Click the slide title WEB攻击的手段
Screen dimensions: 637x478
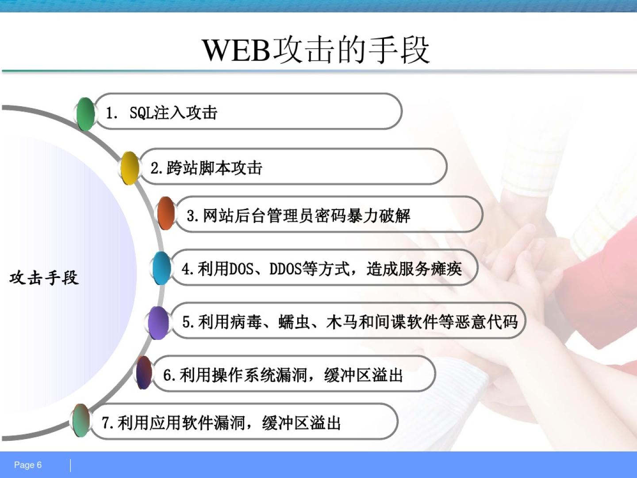(x=316, y=50)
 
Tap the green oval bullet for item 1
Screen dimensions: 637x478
(x=85, y=114)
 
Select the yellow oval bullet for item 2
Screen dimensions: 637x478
(x=130, y=168)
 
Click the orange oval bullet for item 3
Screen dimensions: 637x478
(x=166, y=213)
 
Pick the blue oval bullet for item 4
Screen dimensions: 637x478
(x=161, y=268)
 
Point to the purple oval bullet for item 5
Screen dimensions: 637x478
(x=158, y=323)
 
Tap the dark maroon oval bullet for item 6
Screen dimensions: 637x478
(x=144, y=373)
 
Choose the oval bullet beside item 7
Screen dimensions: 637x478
(x=81, y=420)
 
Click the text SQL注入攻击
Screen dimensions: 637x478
(x=173, y=112)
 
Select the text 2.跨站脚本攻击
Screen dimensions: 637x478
(x=206, y=168)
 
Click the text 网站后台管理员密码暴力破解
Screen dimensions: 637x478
(x=306, y=216)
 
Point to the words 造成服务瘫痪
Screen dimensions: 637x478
(x=414, y=269)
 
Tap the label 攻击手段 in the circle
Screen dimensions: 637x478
(x=44, y=278)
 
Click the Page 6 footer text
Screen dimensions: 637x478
(x=28, y=465)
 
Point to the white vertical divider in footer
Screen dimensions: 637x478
(x=70, y=465)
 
